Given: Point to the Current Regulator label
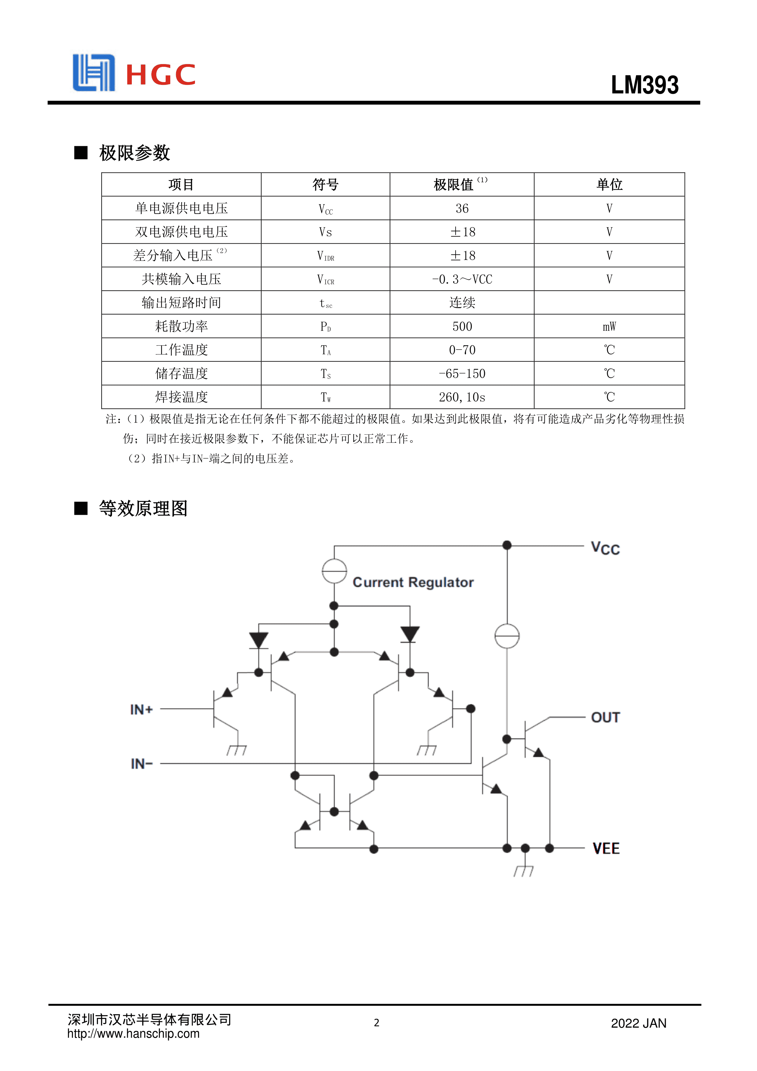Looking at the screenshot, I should coord(413,582).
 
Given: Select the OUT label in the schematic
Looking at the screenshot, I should coord(605,717).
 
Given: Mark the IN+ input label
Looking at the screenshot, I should coord(141,710).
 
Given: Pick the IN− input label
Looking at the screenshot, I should coord(142,764).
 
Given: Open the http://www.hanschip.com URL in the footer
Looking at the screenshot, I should coord(133,1034).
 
